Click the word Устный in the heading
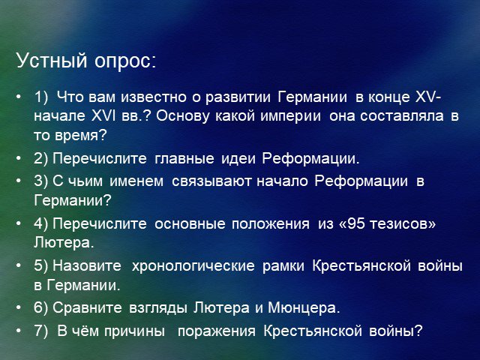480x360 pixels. click(52, 61)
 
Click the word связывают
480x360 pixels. click(211, 181)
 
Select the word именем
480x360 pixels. click(136, 181)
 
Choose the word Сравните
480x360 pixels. click(87, 308)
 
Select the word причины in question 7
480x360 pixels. click(134, 331)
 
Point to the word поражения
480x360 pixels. click(217, 331)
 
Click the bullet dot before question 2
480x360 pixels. click(19, 158)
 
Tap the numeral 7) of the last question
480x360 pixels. click(41, 331)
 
